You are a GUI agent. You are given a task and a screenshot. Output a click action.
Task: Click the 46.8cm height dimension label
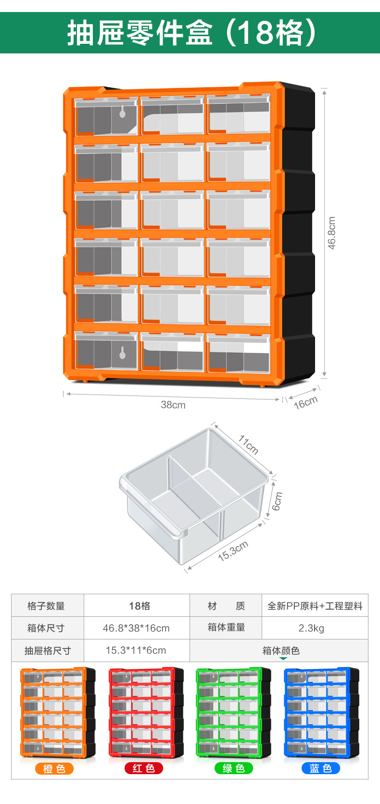coord(331,233)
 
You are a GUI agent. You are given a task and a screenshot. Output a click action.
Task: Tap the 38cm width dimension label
coord(173,405)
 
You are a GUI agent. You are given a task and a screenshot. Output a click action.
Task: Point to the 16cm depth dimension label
coord(306,402)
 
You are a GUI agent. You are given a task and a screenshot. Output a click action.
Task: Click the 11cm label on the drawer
coord(249,445)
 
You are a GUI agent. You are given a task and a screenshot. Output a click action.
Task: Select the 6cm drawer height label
coord(278,501)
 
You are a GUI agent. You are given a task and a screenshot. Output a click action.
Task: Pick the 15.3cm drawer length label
coord(233,550)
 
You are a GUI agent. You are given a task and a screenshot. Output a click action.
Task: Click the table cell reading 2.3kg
coord(311,628)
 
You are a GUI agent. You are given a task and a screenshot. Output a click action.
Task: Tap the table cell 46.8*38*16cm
coord(136,628)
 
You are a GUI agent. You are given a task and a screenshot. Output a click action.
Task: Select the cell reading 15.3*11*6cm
coord(136,651)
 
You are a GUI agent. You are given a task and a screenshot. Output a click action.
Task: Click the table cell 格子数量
coord(46,606)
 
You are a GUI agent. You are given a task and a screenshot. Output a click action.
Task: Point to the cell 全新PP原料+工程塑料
coord(315,606)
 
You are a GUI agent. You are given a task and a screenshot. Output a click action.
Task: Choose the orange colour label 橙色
coord(54,768)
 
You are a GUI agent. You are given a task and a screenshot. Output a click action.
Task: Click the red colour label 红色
coord(144,768)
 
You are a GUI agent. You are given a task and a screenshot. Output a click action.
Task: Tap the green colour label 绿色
coord(234,768)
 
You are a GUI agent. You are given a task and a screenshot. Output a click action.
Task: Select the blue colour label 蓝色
coord(321,768)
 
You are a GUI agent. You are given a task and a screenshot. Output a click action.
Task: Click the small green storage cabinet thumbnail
coord(233,712)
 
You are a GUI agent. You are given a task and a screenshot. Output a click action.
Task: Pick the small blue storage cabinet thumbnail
coord(321,712)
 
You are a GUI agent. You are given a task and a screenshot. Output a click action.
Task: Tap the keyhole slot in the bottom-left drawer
coord(122,353)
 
